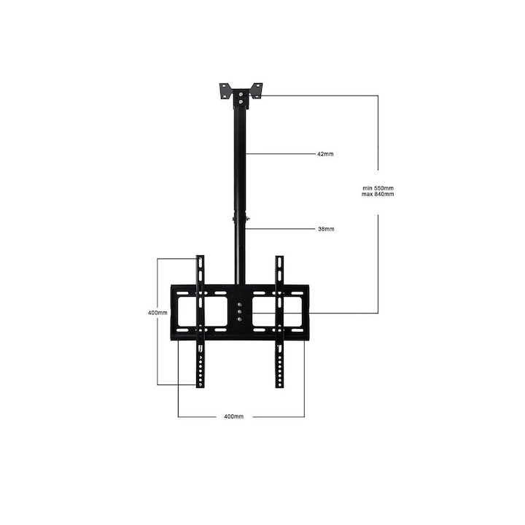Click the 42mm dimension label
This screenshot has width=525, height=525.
pyautogui.click(x=325, y=154)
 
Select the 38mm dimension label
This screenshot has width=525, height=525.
pyautogui.click(x=325, y=229)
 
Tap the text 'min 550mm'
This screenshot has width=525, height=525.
pyautogui.click(x=378, y=188)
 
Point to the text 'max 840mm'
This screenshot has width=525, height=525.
pyautogui.click(x=378, y=195)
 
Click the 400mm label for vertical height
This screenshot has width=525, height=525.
pyautogui.click(x=157, y=312)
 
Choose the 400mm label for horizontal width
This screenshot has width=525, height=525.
pyautogui.click(x=233, y=416)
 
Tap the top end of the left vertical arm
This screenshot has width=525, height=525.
pyautogui.click(x=201, y=259)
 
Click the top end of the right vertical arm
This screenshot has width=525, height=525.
pyautogui.click(x=279, y=259)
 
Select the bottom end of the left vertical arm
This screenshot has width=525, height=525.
pyautogui.click(x=201, y=384)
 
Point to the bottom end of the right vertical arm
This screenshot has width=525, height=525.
pyautogui.click(x=279, y=384)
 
